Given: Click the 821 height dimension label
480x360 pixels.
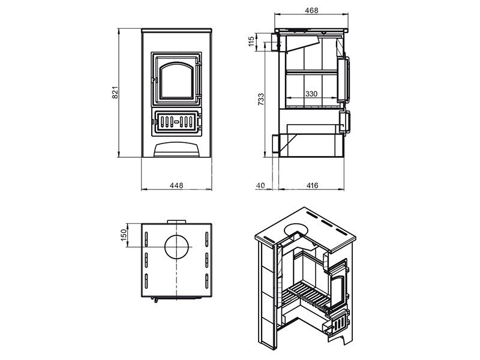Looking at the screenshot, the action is [x=115, y=93].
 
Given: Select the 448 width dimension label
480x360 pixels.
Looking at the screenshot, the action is [x=176, y=185].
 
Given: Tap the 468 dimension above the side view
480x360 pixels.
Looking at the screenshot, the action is [x=311, y=10].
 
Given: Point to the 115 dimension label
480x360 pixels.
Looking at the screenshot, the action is [x=251, y=41].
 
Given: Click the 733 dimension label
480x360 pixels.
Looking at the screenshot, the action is [x=261, y=100].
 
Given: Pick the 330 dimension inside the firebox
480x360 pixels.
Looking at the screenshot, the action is [x=311, y=94].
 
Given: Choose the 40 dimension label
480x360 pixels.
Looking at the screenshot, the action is [x=260, y=185].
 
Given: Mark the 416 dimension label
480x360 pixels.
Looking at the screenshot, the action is [x=312, y=185].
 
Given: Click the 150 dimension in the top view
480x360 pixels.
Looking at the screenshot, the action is [x=124, y=235].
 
